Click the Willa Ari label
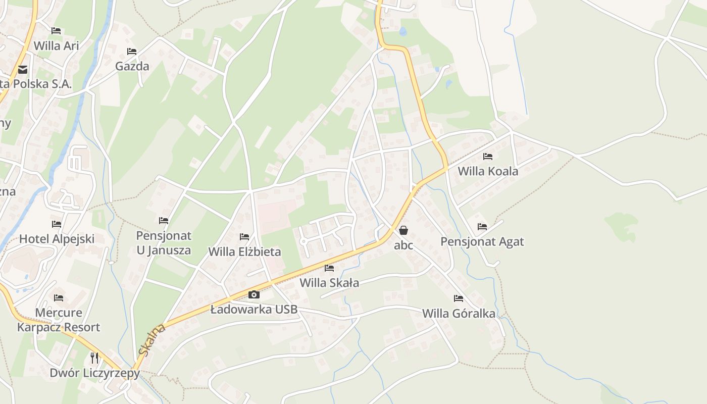pyautogui.click(x=57, y=45)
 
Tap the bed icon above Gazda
pyautogui.click(x=132, y=52)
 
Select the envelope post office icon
pyautogui.click(x=22, y=70)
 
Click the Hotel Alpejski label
pyautogui.click(x=57, y=239)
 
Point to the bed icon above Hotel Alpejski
pyautogui.click(x=57, y=224)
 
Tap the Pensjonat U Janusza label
pyautogui.click(x=164, y=243)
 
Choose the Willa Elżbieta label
pyautogui.click(x=244, y=251)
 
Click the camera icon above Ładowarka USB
pyautogui.click(x=254, y=295)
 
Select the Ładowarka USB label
pyautogui.click(x=254, y=309)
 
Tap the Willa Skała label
pyautogui.click(x=329, y=283)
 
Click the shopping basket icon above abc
pyautogui.click(x=403, y=231)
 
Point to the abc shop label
pyautogui.click(x=403, y=245)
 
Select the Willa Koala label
pyautogui.click(x=488, y=171)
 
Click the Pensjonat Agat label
pyautogui.click(x=482, y=241)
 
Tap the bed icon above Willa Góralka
pyautogui.click(x=459, y=298)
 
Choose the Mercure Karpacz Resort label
pyautogui.click(x=59, y=320)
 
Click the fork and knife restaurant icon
pyautogui.click(x=94, y=358)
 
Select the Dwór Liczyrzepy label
pyautogui.click(x=94, y=373)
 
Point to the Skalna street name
pyautogui.click(x=151, y=340)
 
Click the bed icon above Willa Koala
pyautogui.click(x=488, y=157)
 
